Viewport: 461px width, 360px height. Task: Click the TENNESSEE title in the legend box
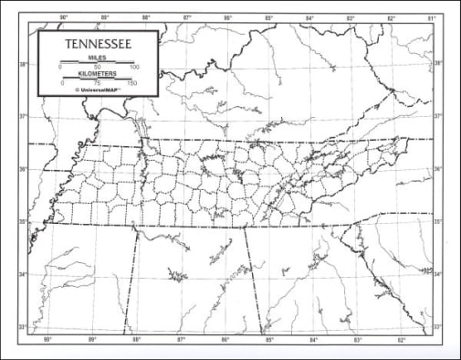point(97,44)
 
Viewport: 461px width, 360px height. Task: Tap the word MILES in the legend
point(98,57)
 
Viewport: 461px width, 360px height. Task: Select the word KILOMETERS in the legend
point(98,75)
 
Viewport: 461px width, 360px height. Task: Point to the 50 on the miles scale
point(98,68)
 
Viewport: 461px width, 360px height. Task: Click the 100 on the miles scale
point(134,68)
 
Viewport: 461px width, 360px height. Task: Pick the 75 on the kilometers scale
point(98,84)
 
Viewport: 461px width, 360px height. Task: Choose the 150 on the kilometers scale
point(132,84)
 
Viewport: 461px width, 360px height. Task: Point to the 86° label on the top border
point(227,17)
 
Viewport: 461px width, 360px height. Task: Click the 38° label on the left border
point(25,64)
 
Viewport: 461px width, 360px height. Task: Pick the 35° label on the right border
point(438,222)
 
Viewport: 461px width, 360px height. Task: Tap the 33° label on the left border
point(25,326)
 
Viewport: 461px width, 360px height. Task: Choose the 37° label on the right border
point(438,116)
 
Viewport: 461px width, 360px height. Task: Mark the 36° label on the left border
point(25,169)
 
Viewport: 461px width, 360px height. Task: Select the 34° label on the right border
point(438,274)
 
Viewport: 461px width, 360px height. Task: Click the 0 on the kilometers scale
point(63,84)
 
